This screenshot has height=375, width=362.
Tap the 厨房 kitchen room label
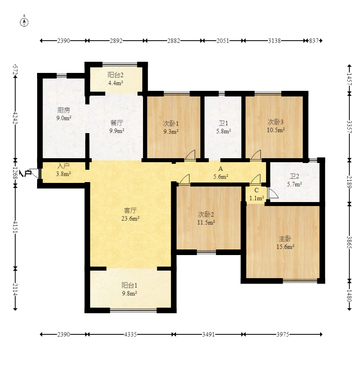[x=64, y=110]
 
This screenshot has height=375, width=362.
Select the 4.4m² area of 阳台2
[x=115, y=83]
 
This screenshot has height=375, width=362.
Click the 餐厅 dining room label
[x=117, y=123]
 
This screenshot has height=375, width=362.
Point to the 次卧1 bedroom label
[x=171, y=124]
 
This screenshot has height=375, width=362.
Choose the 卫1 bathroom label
[x=223, y=123]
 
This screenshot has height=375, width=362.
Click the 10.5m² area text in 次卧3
[x=276, y=130]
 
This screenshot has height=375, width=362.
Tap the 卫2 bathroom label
[x=294, y=176]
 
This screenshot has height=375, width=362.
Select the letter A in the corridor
[x=221, y=169]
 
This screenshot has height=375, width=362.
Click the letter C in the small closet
[x=256, y=190]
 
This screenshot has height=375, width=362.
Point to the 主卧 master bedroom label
[x=285, y=239]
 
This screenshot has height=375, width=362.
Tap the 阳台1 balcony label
[x=129, y=285]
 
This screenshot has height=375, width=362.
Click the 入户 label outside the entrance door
[x=25, y=173]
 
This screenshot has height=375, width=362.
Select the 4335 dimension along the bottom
[x=131, y=334]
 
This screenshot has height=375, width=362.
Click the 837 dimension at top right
[x=314, y=41]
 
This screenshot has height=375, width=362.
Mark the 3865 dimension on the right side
[x=349, y=242]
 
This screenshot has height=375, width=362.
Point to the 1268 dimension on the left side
[x=15, y=173]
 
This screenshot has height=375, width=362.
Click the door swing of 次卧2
[x=184, y=179]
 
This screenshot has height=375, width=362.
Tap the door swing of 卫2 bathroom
[x=273, y=193]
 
